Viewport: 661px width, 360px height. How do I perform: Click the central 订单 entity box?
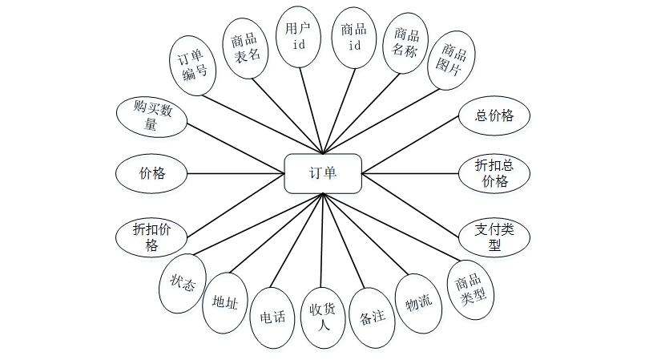[323, 173]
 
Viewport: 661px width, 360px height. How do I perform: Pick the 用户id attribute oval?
[298, 36]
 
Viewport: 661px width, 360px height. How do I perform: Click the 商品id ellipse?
[353, 37]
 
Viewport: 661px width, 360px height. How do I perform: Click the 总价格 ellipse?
[494, 115]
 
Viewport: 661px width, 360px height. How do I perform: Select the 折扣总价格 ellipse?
[494, 172]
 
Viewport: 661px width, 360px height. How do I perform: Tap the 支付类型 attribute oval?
[494, 236]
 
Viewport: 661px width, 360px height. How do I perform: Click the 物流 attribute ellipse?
[418, 303]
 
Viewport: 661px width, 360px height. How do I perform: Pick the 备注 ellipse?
[373, 316]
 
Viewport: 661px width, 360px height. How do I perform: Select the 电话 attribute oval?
[268, 317]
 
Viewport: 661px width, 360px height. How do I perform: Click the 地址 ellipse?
[224, 302]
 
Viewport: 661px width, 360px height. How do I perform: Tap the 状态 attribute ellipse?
[183, 282]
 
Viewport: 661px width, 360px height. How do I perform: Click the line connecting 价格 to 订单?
[236, 173]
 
